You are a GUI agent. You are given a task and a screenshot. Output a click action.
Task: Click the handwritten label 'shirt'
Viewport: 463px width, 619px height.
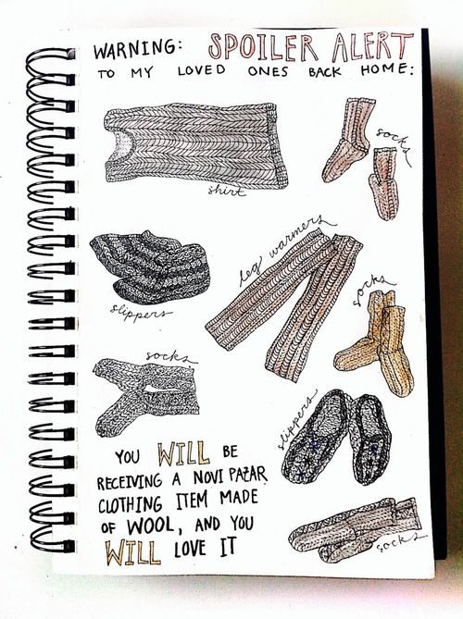point(226,192)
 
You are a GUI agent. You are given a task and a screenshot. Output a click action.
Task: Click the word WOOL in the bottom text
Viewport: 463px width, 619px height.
point(150,526)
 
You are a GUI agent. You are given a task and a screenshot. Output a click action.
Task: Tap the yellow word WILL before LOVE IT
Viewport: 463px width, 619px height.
point(132,551)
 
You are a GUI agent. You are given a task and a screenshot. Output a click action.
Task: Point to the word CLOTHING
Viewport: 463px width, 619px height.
point(130,504)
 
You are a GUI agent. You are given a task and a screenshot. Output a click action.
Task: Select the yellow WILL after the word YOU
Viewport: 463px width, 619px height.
point(183,453)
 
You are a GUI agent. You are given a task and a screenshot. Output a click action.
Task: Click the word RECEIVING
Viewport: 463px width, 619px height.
point(130,481)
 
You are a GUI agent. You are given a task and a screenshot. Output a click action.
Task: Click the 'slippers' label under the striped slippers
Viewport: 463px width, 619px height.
point(140,313)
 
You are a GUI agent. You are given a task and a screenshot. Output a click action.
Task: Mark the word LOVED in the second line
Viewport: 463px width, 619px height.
point(202,70)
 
